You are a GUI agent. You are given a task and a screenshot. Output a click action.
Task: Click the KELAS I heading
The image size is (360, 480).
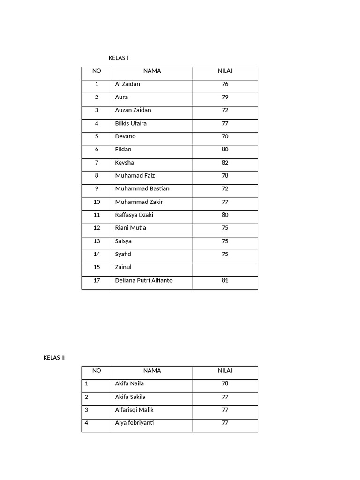pos(118,58)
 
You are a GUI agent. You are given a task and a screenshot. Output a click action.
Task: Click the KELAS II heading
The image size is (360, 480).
pos(54,358)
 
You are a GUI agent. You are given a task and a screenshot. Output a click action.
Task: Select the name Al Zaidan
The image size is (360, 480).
pos(127,84)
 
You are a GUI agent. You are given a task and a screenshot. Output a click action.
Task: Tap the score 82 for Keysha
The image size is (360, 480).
pos(225,163)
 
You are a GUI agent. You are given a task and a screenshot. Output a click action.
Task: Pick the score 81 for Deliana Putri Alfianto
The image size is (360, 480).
pos(225,280)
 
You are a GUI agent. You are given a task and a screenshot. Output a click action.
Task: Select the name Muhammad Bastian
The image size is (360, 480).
pos(142,188)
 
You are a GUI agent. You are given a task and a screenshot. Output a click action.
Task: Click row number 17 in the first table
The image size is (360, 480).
pos(97,280)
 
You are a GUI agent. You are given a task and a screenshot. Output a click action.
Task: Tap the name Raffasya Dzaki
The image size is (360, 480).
pos(134,215)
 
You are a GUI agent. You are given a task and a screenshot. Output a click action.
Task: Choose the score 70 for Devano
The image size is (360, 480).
pos(225,136)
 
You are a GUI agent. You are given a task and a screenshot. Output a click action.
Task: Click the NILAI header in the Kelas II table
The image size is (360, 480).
pos(225,370)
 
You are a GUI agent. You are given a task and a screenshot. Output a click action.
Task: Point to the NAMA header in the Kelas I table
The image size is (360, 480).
pos(152,71)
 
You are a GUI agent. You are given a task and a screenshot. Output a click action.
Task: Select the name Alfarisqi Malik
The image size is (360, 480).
pos(134,410)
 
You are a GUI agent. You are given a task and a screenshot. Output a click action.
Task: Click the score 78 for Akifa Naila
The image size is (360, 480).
pos(225,383)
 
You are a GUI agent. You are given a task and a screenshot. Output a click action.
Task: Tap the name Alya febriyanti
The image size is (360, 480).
pos(135,423)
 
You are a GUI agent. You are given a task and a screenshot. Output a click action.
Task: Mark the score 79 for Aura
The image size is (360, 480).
pos(225,97)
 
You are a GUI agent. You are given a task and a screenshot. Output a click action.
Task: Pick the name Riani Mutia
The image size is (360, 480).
pos(130,228)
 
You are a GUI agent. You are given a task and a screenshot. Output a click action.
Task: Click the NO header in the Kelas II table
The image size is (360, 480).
pos(97,370)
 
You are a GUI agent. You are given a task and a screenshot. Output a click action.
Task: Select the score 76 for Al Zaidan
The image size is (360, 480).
pos(225,84)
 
